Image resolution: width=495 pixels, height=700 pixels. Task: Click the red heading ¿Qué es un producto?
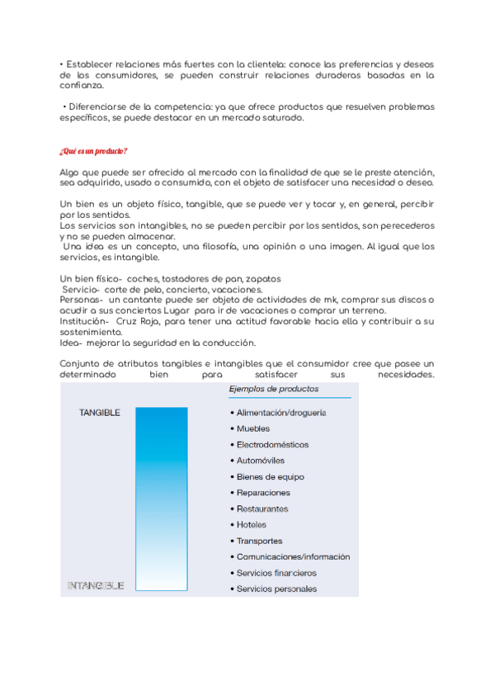(93, 151)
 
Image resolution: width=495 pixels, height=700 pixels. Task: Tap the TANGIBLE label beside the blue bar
(100, 412)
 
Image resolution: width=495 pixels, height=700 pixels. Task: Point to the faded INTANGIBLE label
(95, 586)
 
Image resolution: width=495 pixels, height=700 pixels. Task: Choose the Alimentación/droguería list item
(281, 413)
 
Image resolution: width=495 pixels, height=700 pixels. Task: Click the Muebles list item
(253, 428)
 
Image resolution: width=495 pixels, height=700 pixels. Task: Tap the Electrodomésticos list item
(272, 445)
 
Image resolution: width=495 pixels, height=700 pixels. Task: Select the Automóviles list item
(261, 461)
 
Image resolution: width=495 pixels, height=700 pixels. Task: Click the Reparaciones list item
(263, 493)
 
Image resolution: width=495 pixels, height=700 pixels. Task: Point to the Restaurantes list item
(262, 508)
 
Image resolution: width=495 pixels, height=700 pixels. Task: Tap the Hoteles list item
(252, 525)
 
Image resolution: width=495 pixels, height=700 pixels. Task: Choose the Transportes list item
(260, 541)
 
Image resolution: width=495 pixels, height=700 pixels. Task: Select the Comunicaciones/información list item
(293, 557)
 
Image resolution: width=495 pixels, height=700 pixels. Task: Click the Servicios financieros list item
(276, 573)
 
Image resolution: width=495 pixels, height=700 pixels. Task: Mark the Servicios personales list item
(276, 589)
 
